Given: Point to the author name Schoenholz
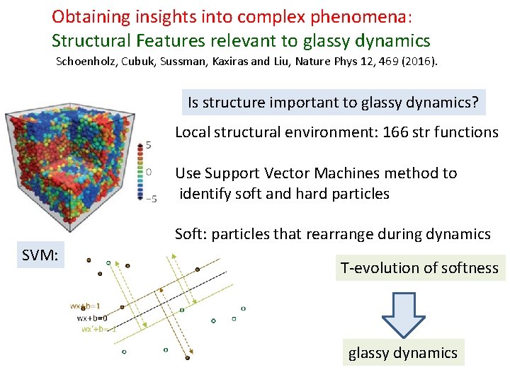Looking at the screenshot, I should coord(87,62).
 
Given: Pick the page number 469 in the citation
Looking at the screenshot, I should coord(390,62).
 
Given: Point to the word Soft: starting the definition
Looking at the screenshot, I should coord(191,234).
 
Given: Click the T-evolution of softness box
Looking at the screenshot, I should coord(420,268).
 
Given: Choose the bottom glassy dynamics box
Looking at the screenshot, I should coord(402,352).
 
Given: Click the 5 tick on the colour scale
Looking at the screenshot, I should coord(148,145).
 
